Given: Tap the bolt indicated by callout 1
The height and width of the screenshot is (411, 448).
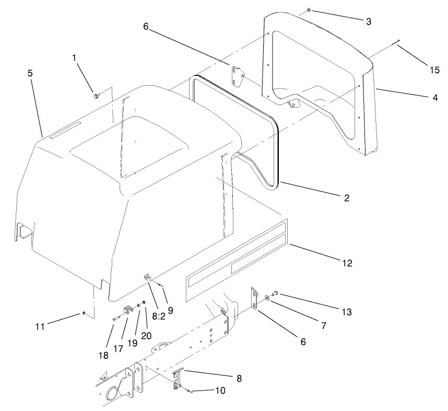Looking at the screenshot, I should [97, 96].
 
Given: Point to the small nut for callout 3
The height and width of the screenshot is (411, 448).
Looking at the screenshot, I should [309, 9].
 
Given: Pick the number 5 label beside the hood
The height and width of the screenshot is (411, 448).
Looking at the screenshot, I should [30, 74].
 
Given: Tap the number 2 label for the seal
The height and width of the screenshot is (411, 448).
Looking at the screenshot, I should [347, 198].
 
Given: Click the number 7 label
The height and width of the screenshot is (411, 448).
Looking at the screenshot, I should [324, 325].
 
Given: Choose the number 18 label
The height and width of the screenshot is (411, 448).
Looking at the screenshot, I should [103, 355].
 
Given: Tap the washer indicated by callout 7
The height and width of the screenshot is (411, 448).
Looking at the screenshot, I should [267, 298].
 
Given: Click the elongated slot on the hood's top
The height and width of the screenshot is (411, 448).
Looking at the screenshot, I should [66, 128].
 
